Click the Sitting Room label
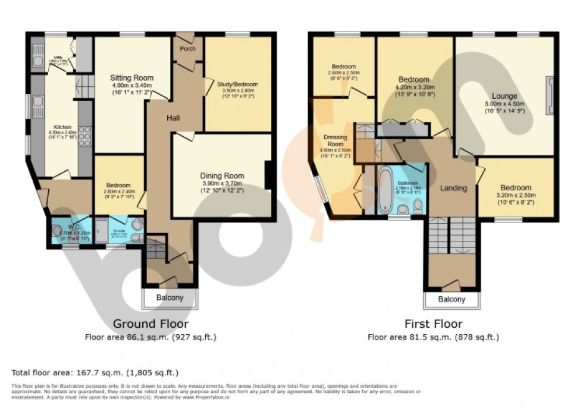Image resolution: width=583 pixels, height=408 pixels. pos(131,78)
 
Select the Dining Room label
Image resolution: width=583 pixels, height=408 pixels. pos(222,175)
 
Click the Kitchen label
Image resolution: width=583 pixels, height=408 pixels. pos(62,128)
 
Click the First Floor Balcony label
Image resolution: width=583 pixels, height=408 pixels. pos(452,299)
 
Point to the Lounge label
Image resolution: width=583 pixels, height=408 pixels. pos(504,96)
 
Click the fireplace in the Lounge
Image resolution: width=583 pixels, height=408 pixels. pos(550,95)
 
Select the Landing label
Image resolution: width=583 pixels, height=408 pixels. pos(453,189)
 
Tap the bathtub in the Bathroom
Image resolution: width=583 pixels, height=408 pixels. pos(384,189)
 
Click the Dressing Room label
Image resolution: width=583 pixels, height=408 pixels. pos(335,140)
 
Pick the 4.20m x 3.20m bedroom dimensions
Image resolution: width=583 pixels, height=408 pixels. pos(413,87)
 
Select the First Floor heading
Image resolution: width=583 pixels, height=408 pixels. pos(432,324)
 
